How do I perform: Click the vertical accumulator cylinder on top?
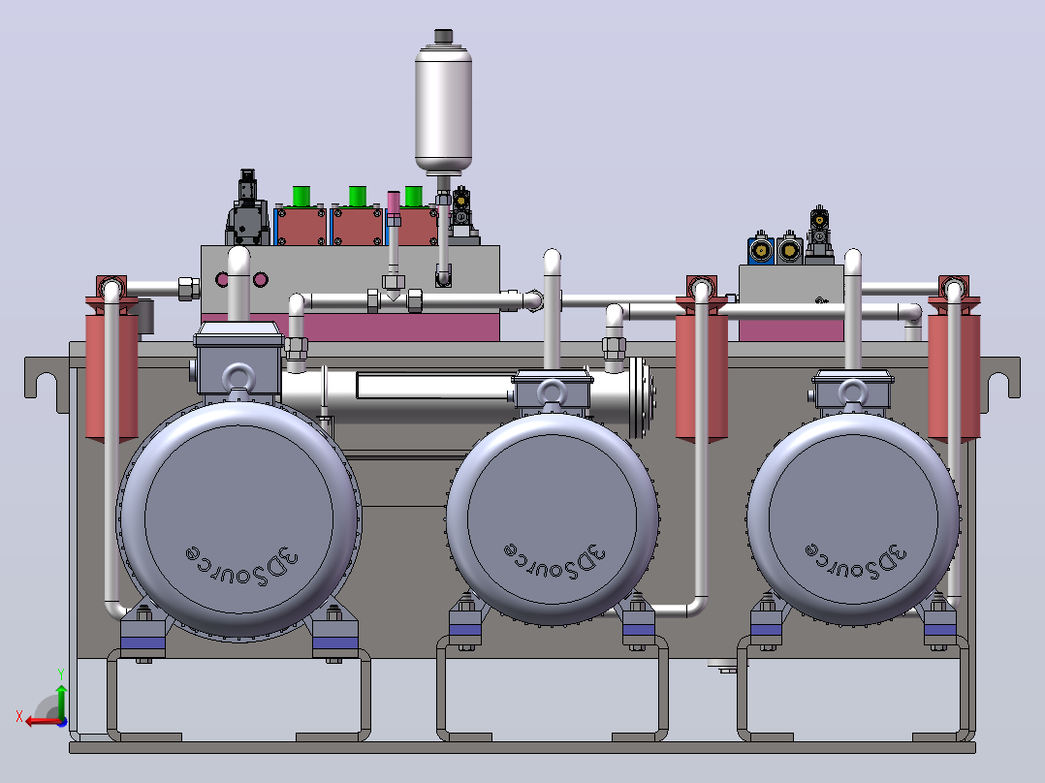click(443, 107)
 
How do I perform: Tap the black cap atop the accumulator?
click(443, 36)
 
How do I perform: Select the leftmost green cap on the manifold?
click(301, 197)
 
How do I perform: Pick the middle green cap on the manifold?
click(357, 197)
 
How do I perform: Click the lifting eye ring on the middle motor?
click(552, 391)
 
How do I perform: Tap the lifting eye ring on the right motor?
click(852, 391)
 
